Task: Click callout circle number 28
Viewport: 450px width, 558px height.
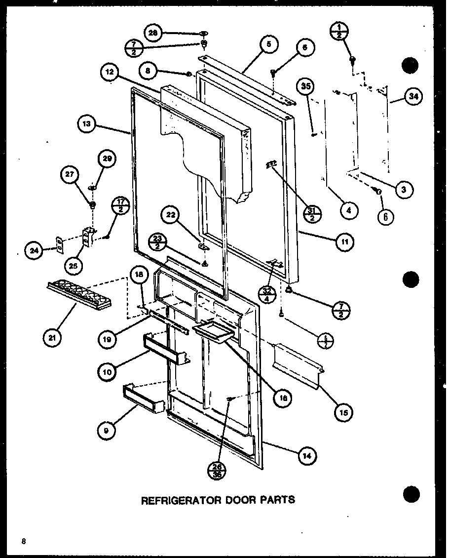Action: pos(153,33)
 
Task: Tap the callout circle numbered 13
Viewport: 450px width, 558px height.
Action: pos(87,125)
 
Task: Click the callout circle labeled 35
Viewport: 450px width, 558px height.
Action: pos(306,88)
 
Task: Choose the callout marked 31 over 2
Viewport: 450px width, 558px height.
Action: pos(313,212)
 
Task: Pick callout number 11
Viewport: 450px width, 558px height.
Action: pos(343,242)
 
